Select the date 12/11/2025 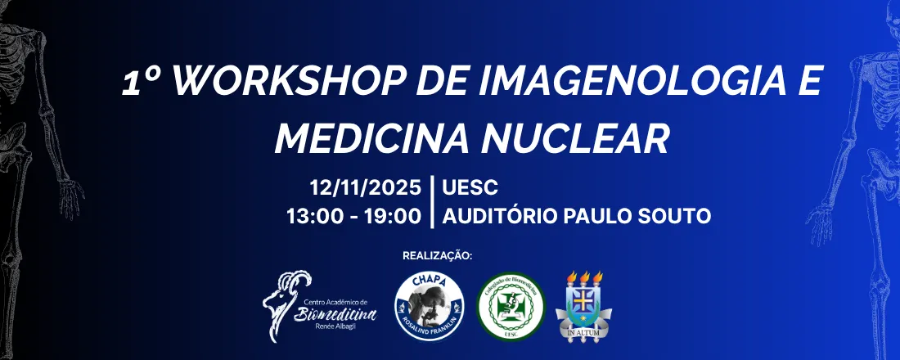click(x=365, y=189)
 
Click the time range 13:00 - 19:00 click(x=353, y=217)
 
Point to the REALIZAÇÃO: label click(x=438, y=256)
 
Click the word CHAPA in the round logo click(x=430, y=281)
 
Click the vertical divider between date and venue click(x=432, y=203)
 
